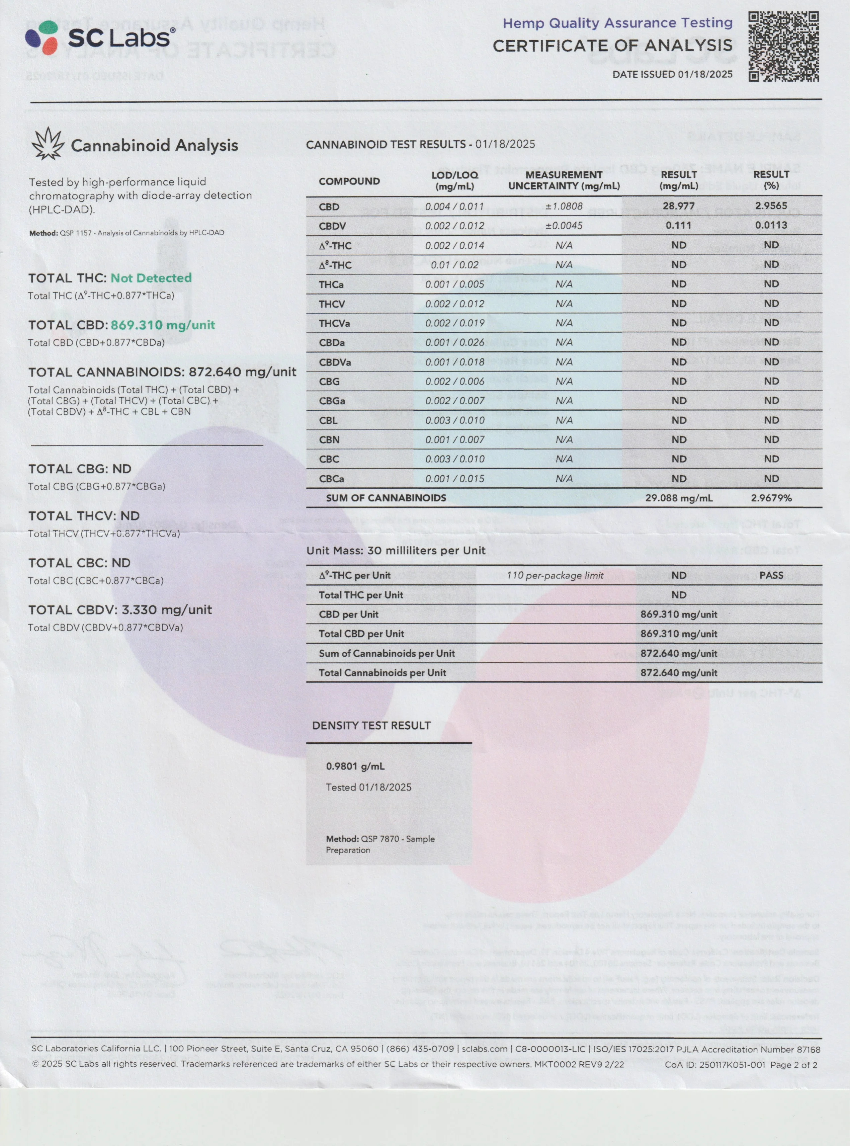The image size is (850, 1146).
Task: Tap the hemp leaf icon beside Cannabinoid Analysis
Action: pos(48,144)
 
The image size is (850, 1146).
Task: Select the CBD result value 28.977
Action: pos(678,206)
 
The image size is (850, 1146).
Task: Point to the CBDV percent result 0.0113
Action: pos(771,225)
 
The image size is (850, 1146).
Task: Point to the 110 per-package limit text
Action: pos(555,575)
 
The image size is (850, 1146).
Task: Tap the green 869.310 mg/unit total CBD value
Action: pos(163,325)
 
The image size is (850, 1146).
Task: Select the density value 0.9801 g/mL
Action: pos(355,766)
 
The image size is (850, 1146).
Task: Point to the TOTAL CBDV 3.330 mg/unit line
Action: pos(120,610)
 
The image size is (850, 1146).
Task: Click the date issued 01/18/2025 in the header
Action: pos(704,74)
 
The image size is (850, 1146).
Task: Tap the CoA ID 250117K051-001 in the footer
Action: pos(731,1065)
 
